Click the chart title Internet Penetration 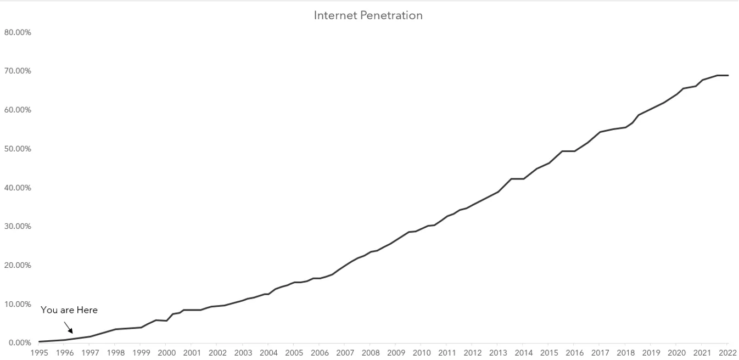point(368,15)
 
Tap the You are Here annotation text point(69,310)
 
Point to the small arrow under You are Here point(68,327)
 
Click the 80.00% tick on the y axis point(18,32)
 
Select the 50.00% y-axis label point(18,149)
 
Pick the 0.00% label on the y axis point(20,343)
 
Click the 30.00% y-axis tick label point(18,227)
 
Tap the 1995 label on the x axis point(39,353)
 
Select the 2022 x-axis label point(727,353)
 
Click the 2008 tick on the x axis point(371,353)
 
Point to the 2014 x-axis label point(523,353)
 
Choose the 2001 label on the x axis point(192,353)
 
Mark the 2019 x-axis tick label point(651,353)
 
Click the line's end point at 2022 point(727,75)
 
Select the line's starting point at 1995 point(40,341)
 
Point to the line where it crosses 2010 point(422,229)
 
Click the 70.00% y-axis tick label point(18,71)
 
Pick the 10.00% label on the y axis point(18,304)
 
